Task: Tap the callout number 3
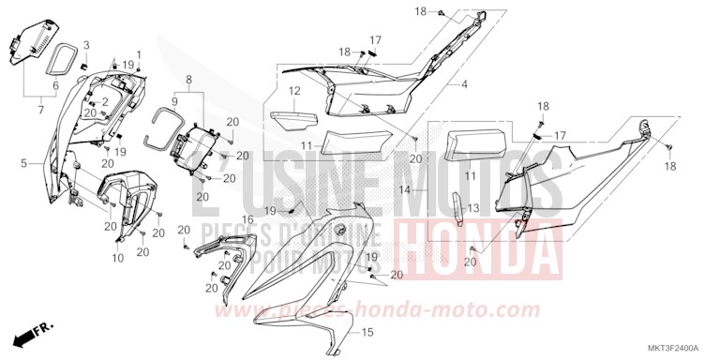[86, 45]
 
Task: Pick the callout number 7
[39, 111]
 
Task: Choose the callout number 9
[173, 98]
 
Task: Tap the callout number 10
[118, 258]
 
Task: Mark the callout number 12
[293, 91]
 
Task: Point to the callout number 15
[367, 332]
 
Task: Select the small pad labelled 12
[294, 121]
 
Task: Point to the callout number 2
[105, 101]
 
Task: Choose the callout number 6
[55, 85]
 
